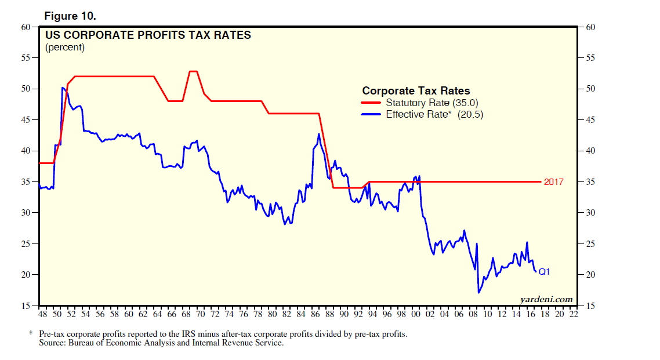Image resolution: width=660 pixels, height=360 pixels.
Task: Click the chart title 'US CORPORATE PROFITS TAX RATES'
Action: pos(148,35)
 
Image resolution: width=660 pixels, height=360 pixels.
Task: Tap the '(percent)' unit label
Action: pos(65,48)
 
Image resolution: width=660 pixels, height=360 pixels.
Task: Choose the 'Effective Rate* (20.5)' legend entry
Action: pos(434,115)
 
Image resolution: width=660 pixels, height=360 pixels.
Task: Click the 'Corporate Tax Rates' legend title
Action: pos(416,91)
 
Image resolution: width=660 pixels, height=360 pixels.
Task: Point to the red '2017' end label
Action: pos(554,182)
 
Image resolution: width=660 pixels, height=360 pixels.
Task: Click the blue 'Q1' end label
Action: pos(545,271)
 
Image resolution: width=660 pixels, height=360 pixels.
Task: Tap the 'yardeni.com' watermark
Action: pos(546,299)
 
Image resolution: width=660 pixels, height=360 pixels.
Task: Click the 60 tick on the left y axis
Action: pos(26,27)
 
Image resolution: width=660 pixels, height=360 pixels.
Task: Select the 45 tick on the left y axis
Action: pos(26,120)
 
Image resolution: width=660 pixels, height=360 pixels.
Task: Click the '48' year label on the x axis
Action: pos(42,314)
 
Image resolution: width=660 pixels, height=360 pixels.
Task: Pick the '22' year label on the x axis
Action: pos(574,314)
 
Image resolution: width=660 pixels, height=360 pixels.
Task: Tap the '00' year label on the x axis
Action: pos(416,314)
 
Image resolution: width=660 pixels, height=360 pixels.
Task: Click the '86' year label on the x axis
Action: pos(315,314)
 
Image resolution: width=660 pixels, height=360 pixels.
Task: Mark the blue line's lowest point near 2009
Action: pos(478,293)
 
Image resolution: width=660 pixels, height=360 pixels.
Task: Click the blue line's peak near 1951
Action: pos(62,88)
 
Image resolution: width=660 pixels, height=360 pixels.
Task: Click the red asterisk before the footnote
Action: pos(31,334)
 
